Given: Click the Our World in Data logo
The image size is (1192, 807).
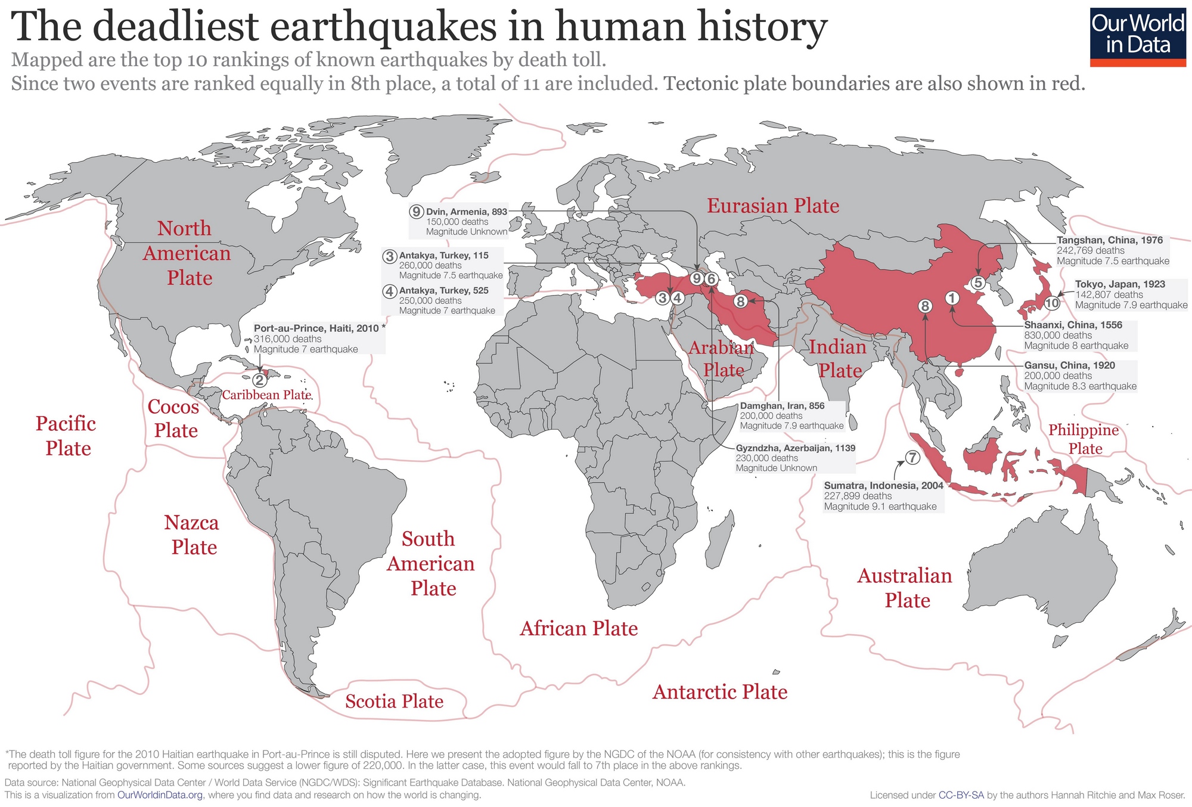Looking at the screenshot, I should point(1137,36).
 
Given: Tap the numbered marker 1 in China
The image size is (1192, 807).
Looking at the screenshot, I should point(952,297).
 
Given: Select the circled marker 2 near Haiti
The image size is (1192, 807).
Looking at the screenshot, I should point(259,380).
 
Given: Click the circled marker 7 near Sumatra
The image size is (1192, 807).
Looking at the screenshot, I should point(912,458).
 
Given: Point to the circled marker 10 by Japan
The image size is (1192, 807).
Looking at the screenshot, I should point(1052,303).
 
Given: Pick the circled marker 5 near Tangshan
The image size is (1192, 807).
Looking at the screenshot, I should point(978,283).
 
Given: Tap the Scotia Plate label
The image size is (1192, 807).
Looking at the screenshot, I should point(394,702).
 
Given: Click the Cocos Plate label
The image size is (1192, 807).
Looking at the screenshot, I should point(173,418).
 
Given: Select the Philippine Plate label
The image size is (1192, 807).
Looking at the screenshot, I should point(1084,439).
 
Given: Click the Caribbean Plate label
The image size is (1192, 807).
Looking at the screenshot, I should point(266,395).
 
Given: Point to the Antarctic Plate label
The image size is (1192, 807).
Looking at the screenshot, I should point(720,692).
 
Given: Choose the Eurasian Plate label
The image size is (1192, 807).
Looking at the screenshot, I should point(773,206).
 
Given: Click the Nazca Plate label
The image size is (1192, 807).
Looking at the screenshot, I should point(192,535).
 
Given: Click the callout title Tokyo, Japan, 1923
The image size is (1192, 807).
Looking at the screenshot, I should point(1120,284).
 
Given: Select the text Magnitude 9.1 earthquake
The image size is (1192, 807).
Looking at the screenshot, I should point(880,507).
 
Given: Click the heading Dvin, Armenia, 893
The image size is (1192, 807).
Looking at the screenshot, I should point(467,212).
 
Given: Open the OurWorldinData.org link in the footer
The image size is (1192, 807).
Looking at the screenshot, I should point(160,795).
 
